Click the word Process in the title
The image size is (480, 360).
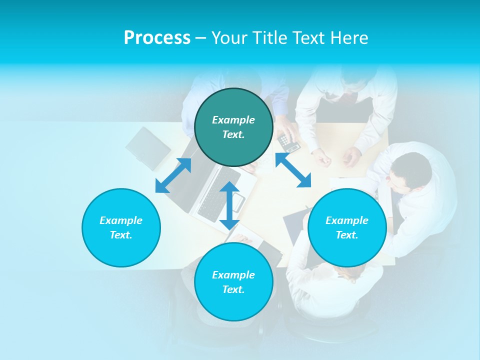157,38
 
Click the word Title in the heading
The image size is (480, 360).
268,38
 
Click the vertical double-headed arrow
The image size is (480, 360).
229,205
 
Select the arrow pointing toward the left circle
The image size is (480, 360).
173,175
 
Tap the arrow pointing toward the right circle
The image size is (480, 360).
293,170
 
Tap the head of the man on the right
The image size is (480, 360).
411,170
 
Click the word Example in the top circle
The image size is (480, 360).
233,120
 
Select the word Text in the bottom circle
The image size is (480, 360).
233,289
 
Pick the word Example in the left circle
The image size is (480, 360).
121,220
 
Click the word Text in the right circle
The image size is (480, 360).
347,235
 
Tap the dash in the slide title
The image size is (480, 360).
200,38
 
